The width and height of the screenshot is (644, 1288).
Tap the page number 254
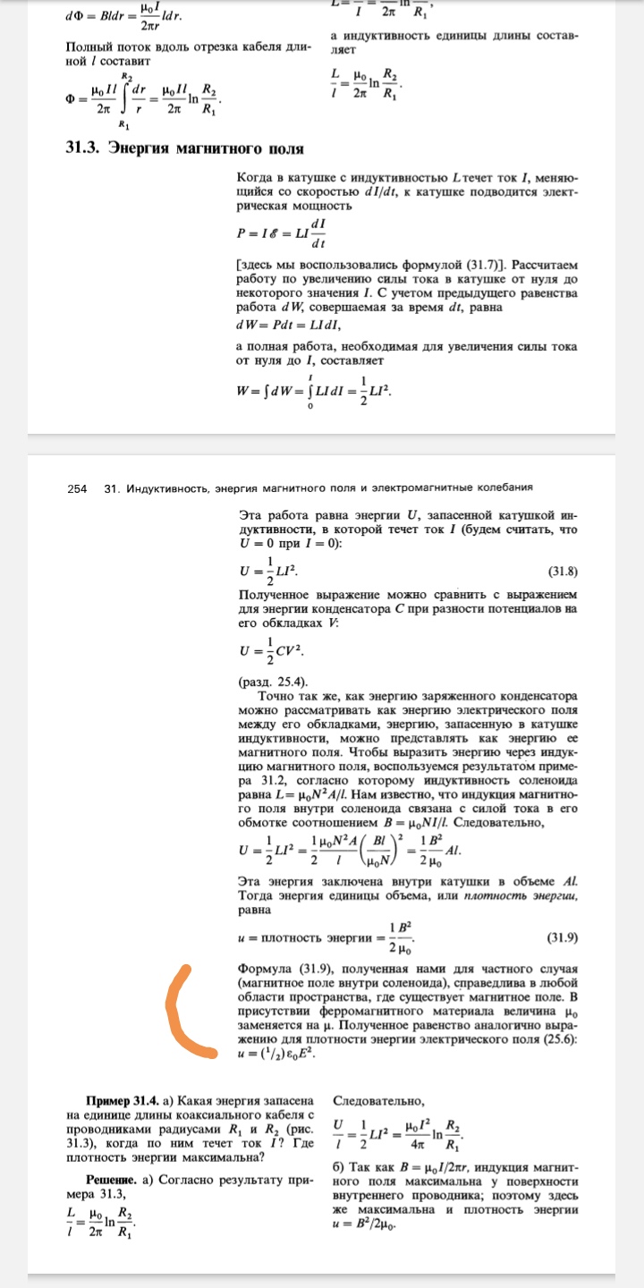click(x=77, y=487)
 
